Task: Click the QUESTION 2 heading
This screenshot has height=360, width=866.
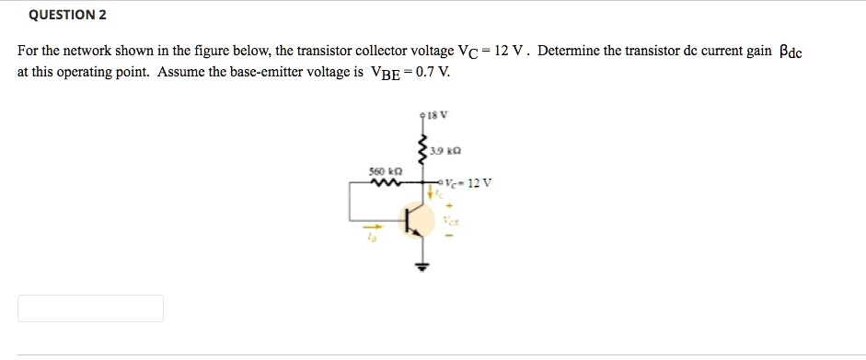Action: (68, 15)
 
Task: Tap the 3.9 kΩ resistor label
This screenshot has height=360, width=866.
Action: (446, 150)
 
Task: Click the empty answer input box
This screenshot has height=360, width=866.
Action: (90, 308)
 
